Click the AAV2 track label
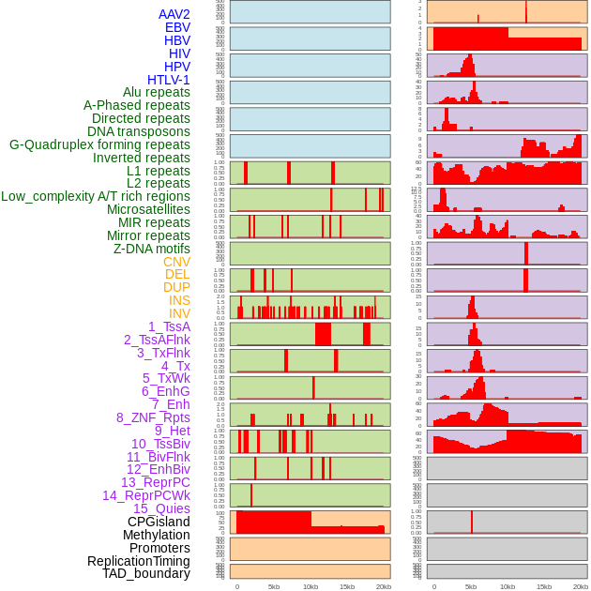tap(174, 14)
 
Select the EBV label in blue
tap(177, 27)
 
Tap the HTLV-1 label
tap(169, 80)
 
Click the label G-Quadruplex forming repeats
tap(99, 144)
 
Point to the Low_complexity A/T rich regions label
tap(96, 196)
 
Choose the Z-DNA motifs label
tap(152, 249)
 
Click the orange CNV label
tap(176, 262)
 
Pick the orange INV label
tap(179, 313)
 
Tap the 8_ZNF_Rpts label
tap(153, 417)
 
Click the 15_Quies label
tap(160, 508)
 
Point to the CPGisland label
tap(159, 522)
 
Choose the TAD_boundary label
tap(146, 573)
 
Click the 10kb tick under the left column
tap(311, 586)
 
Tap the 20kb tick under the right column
tap(581, 586)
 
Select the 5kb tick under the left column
tap(274, 586)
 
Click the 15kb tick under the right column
tap(544, 586)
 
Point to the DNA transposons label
tap(139, 131)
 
